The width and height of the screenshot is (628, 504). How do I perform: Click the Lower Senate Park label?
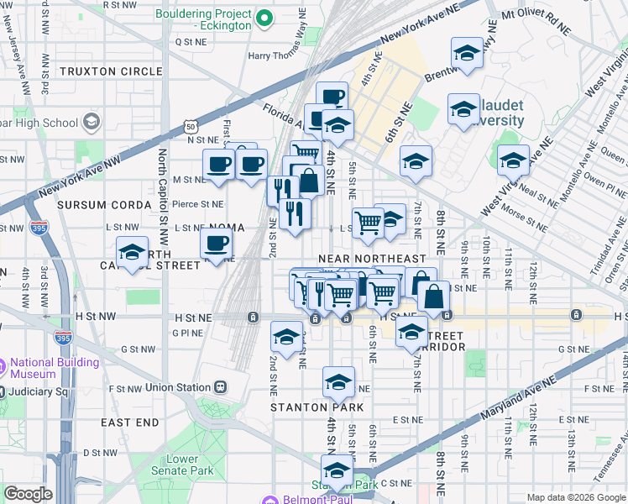182,465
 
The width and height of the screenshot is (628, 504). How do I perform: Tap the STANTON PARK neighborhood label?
317,407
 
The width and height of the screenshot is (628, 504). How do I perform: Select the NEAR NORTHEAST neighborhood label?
372,258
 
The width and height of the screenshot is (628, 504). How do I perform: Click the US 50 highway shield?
191,127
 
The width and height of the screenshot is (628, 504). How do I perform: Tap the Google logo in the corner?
28,494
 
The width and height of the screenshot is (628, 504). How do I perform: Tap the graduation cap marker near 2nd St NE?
286,338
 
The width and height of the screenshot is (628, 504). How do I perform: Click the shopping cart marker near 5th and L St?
368,223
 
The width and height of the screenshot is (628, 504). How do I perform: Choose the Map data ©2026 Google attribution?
574,497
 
